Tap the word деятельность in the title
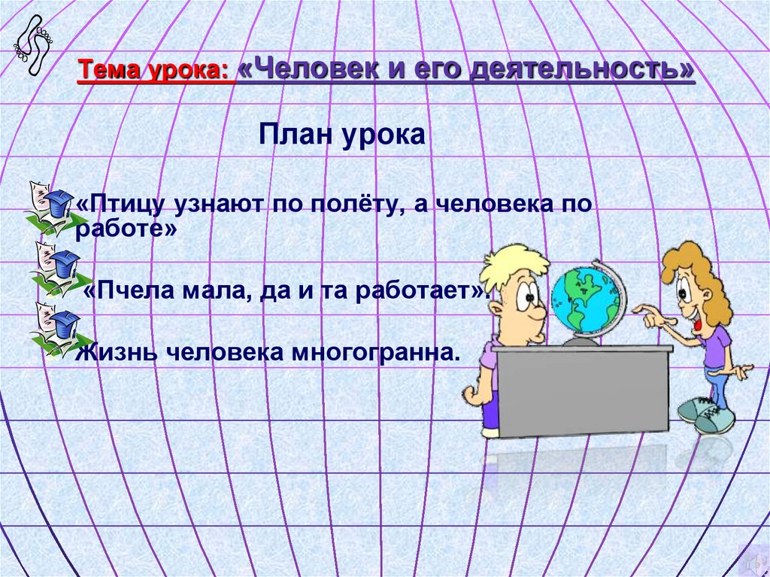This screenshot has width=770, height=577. tap(582, 70)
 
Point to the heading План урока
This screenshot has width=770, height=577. tap(342, 136)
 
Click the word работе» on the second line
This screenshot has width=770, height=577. tap(126, 230)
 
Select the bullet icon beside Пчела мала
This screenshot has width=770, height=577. tap(53, 267)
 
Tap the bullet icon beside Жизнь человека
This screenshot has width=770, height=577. tap(53, 328)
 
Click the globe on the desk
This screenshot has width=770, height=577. tap(587, 301)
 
